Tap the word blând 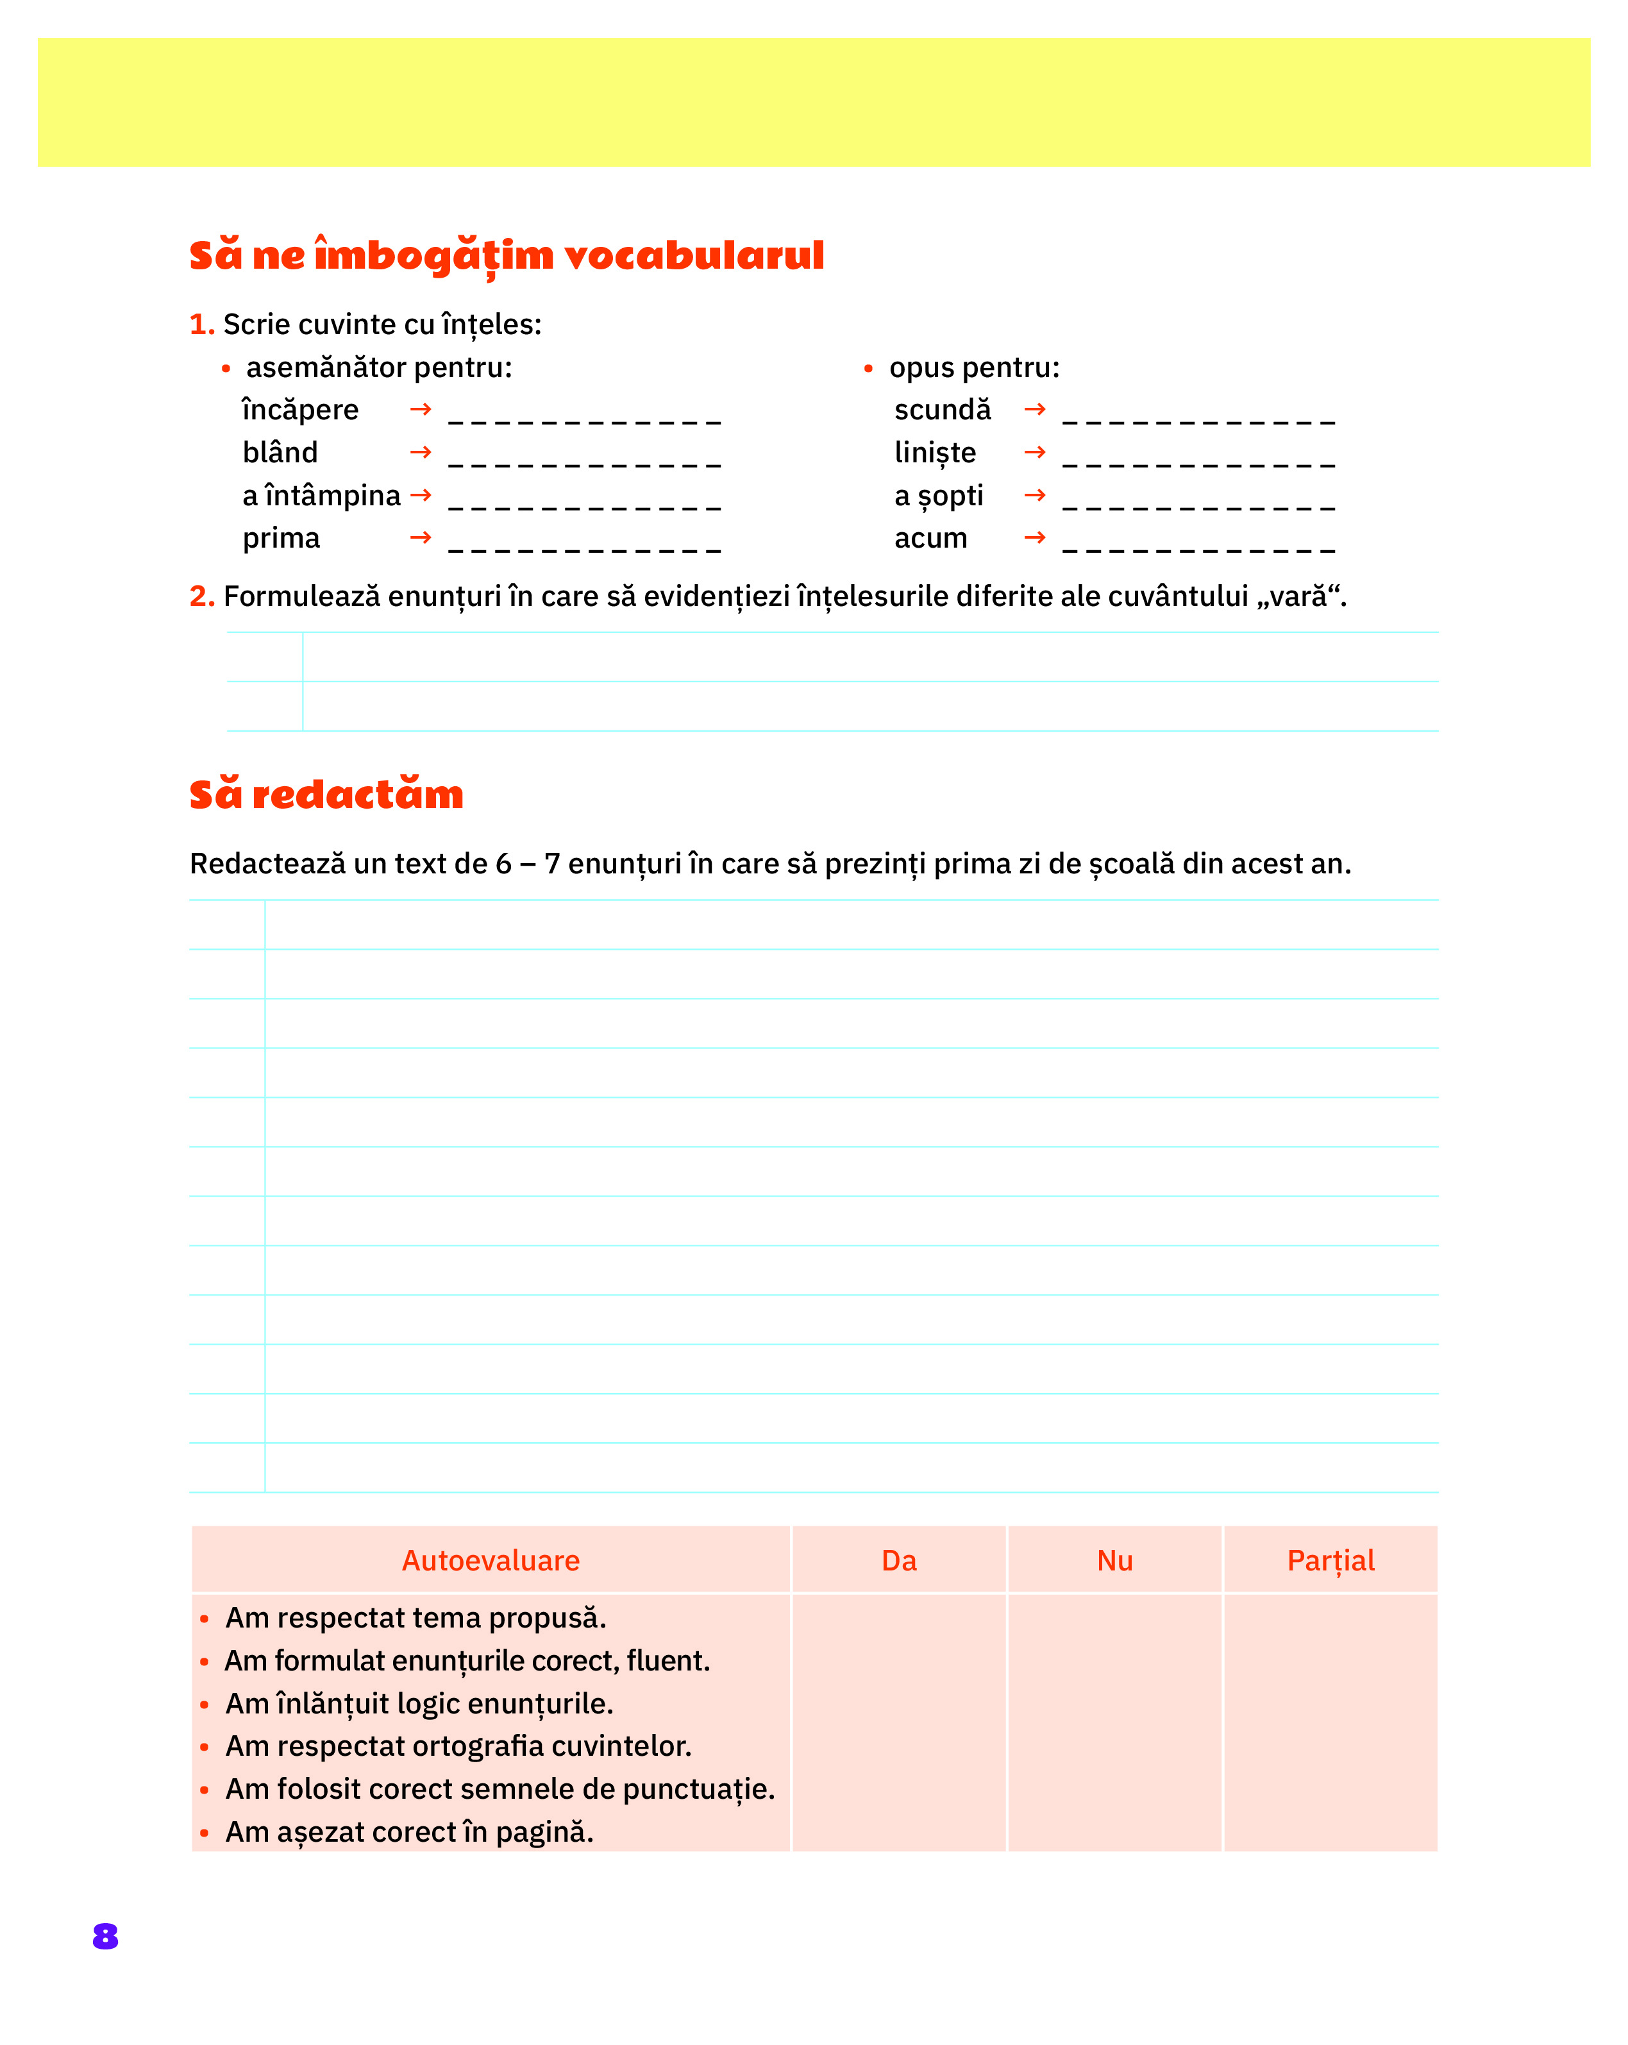280,453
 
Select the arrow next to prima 421,538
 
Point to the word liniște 934,453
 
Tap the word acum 930,539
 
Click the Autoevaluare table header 491,1560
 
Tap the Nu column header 1114,1560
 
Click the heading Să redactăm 326,794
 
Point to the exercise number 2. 201,596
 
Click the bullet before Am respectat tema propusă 205,1619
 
